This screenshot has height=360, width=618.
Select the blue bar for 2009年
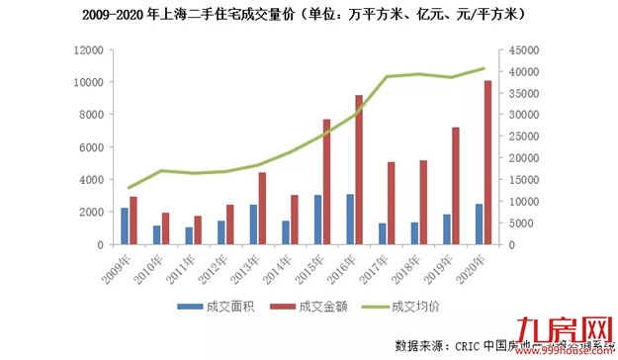pyautogui.click(x=125, y=225)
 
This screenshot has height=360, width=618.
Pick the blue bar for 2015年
pyautogui.click(x=317, y=219)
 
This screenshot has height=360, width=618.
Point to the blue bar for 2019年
pyautogui.click(x=447, y=228)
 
